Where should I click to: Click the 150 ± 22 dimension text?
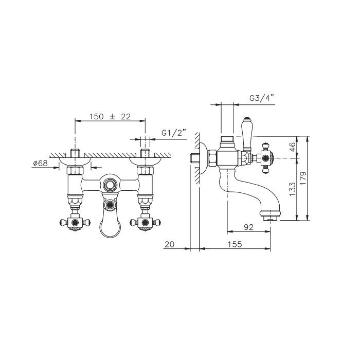pyautogui.click(x=110, y=117)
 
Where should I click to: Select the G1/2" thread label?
pyautogui.click(x=173, y=133)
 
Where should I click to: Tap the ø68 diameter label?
pyautogui.click(x=41, y=163)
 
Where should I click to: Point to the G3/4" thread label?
pyautogui.click(x=262, y=98)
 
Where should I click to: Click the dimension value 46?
pyautogui.click(x=293, y=147)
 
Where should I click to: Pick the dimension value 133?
pyautogui.click(x=293, y=189)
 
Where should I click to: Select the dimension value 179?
pyautogui.click(x=303, y=178)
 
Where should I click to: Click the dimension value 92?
pyautogui.click(x=248, y=227)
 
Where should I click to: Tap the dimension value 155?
pyautogui.click(x=235, y=244)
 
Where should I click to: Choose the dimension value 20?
pyautogui.click(x=170, y=244)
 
